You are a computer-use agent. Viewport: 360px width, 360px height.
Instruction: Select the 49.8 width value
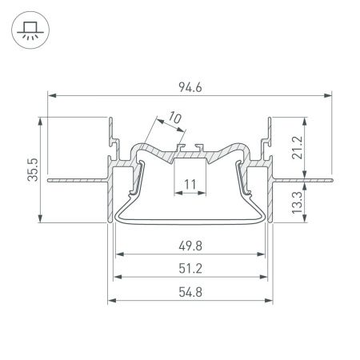[x=190, y=245]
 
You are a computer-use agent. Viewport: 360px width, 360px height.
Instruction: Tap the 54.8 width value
[x=190, y=291]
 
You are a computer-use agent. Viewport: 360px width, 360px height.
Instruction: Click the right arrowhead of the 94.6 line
[x=330, y=95]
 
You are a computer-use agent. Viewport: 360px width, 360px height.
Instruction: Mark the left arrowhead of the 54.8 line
[x=110, y=301]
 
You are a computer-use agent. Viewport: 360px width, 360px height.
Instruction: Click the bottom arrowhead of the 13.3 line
[x=302, y=222]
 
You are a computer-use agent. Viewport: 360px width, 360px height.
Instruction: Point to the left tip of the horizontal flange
[x=48, y=180]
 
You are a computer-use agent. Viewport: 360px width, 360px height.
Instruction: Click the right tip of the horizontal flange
[x=331, y=180]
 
